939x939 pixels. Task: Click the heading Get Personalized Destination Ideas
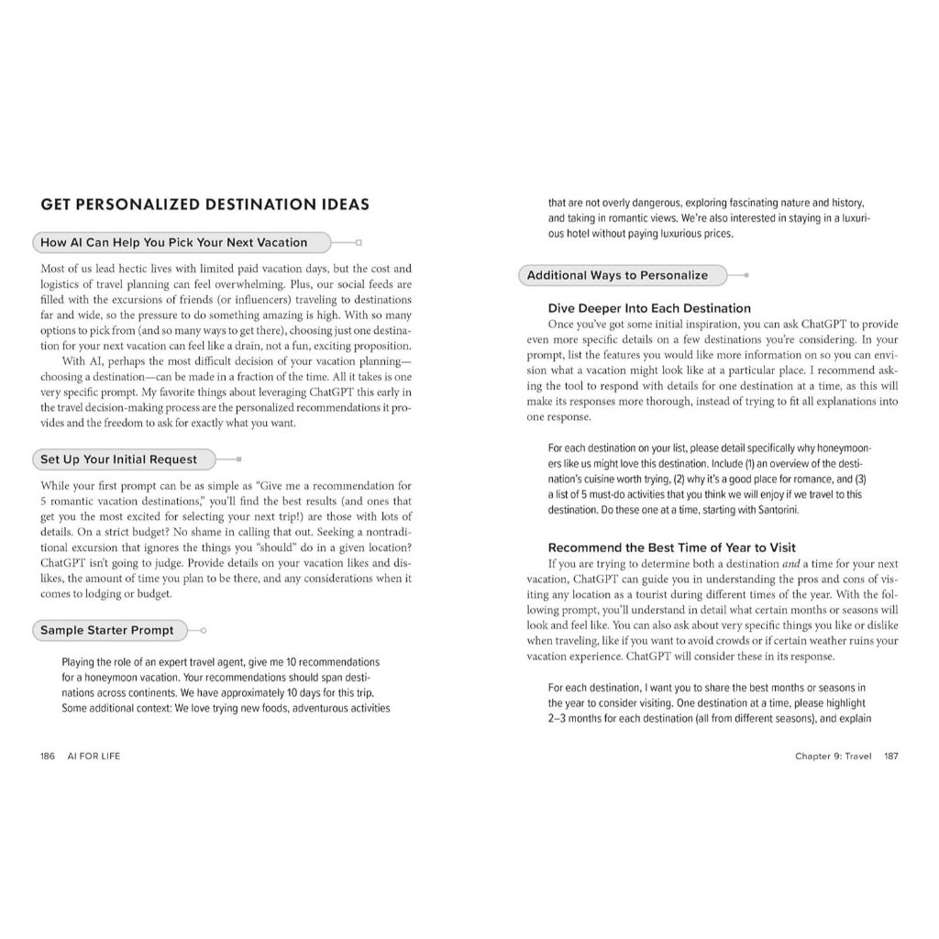point(204,204)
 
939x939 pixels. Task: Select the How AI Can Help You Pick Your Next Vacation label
point(174,243)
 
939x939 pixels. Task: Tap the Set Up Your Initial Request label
point(118,459)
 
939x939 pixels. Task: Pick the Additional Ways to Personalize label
point(617,275)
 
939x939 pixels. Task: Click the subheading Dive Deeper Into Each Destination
point(649,309)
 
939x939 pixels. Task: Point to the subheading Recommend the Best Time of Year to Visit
point(672,547)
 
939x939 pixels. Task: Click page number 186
point(49,757)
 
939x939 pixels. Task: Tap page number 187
point(890,757)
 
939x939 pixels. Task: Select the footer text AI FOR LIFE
point(93,757)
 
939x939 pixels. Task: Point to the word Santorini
point(760,508)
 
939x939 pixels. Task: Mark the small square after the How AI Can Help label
point(359,243)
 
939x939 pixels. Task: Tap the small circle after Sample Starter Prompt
point(203,631)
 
